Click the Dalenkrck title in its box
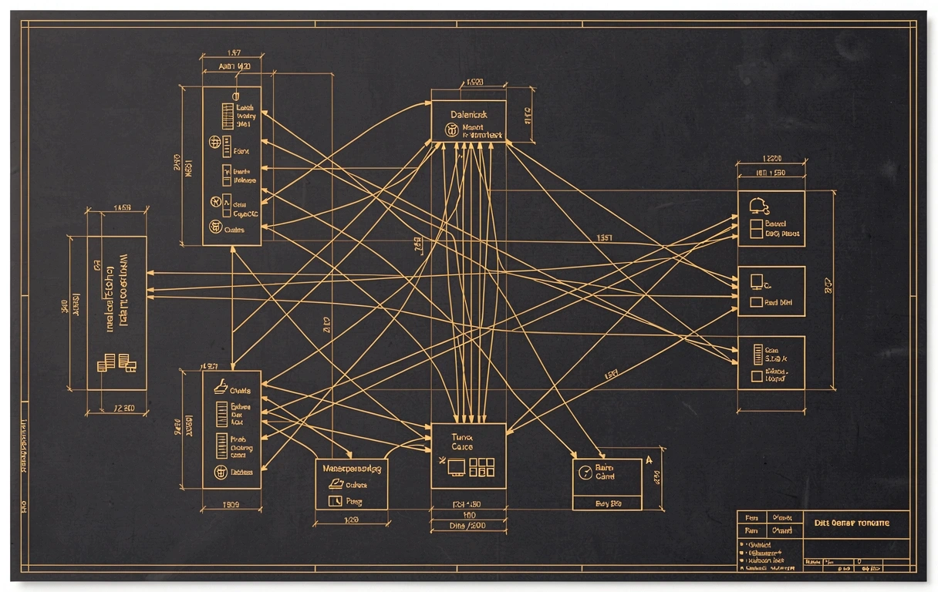click(x=468, y=114)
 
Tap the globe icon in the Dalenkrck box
click(x=451, y=131)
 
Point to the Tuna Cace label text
click(x=463, y=442)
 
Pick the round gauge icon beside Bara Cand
click(x=585, y=472)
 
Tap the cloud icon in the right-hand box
click(x=759, y=205)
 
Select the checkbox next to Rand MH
click(x=756, y=304)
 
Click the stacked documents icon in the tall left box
click(x=116, y=362)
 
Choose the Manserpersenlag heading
click(x=351, y=468)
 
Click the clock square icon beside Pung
click(x=335, y=501)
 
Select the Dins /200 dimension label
click(x=467, y=526)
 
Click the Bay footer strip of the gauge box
click(x=607, y=503)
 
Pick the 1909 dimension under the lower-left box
click(x=231, y=506)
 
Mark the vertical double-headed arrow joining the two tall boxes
click(x=232, y=308)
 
